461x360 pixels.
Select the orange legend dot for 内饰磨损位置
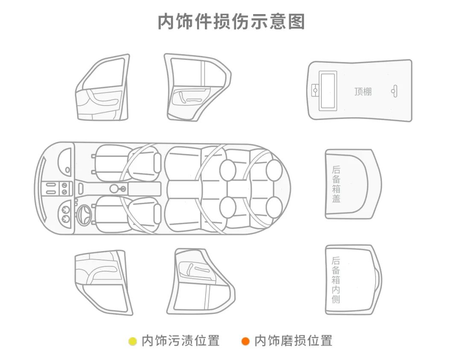[245, 341]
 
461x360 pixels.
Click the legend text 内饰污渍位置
[181, 341]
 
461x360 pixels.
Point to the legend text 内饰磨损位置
[293, 341]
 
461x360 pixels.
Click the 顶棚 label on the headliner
[363, 91]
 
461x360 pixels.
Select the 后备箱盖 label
[336, 184]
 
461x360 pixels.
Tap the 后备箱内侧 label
[336, 280]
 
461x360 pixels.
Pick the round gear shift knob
[114, 188]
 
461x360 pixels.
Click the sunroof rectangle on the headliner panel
[327, 90]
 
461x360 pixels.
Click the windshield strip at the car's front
[42, 188]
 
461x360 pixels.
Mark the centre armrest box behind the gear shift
[144, 188]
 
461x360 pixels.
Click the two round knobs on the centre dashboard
[64, 188]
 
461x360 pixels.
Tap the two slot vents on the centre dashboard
[51, 188]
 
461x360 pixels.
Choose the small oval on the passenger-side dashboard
[67, 170]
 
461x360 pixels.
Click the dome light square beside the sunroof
[315, 90]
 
